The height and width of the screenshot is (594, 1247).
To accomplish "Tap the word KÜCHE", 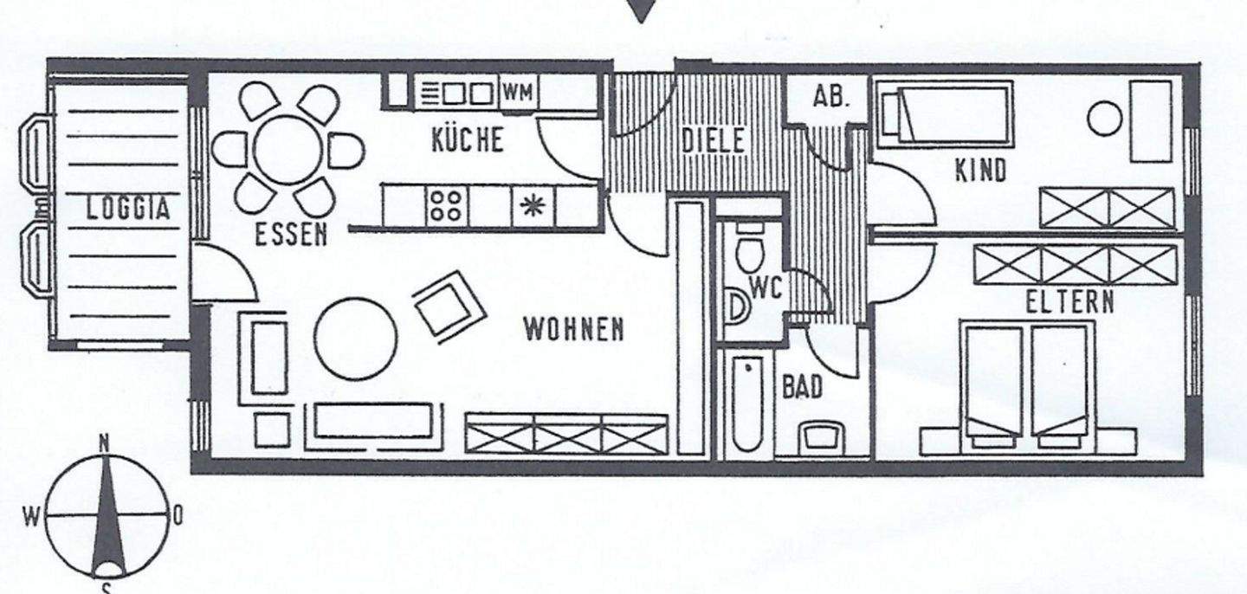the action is tap(468, 139).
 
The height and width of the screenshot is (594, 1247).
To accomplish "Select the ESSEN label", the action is tap(291, 234).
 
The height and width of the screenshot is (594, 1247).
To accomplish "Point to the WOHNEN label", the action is tap(573, 329).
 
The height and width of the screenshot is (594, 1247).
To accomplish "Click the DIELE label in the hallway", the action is tap(713, 140).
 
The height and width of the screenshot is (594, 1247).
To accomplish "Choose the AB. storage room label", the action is tap(831, 97).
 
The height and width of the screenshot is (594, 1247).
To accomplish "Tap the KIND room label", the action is tap(980, 171).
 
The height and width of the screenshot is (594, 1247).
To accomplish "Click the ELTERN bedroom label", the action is tap(1069, 302).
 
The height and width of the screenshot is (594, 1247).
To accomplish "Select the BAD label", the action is tap(803, 386).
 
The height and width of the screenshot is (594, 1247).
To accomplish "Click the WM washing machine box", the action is tap(518, 91).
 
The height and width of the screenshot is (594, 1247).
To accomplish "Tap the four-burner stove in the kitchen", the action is tap(447, 206).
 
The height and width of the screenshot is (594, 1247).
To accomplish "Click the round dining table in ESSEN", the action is tap(288, 150).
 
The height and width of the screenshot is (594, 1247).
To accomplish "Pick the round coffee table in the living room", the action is tap(355, 338).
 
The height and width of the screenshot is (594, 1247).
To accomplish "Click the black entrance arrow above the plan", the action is tap(641, 10).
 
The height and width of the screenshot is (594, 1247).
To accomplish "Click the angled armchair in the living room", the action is tap(449, 307).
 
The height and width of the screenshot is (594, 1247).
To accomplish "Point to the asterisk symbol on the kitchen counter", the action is tap(530, 206).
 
